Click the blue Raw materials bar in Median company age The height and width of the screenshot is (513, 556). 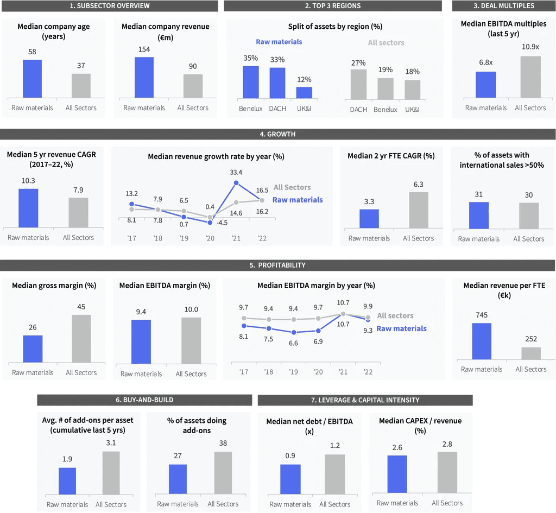point(32,79)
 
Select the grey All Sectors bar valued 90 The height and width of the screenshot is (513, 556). point(193,86)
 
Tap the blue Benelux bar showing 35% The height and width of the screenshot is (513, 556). point(251,83)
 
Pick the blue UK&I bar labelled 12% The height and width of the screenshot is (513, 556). point(304,92)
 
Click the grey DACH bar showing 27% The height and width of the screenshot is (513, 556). point(358,84)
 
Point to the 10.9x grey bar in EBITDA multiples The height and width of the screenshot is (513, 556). point(530,77)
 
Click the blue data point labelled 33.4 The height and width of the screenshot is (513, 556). point(236,183)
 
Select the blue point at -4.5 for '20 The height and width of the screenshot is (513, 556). point(210,223)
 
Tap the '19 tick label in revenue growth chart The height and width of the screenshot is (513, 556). point(184,238)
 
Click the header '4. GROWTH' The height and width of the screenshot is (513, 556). point(277,134)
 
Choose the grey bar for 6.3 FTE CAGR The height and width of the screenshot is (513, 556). point(419,210)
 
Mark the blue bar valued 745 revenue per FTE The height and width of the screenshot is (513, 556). point(482,341)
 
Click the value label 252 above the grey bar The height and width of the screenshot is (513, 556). point(531,339)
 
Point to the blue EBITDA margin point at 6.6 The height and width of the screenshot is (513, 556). point(294,333)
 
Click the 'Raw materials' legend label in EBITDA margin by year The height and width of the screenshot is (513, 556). point(401,328)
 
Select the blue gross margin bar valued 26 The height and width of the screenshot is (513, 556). point(33,349)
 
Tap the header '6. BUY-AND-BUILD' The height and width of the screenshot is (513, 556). point(144,400)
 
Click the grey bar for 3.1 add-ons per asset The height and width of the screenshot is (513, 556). point(111,473)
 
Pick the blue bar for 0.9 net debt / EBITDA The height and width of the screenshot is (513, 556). point(290,479)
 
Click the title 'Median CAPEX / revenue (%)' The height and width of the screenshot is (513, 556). point(420,426)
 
